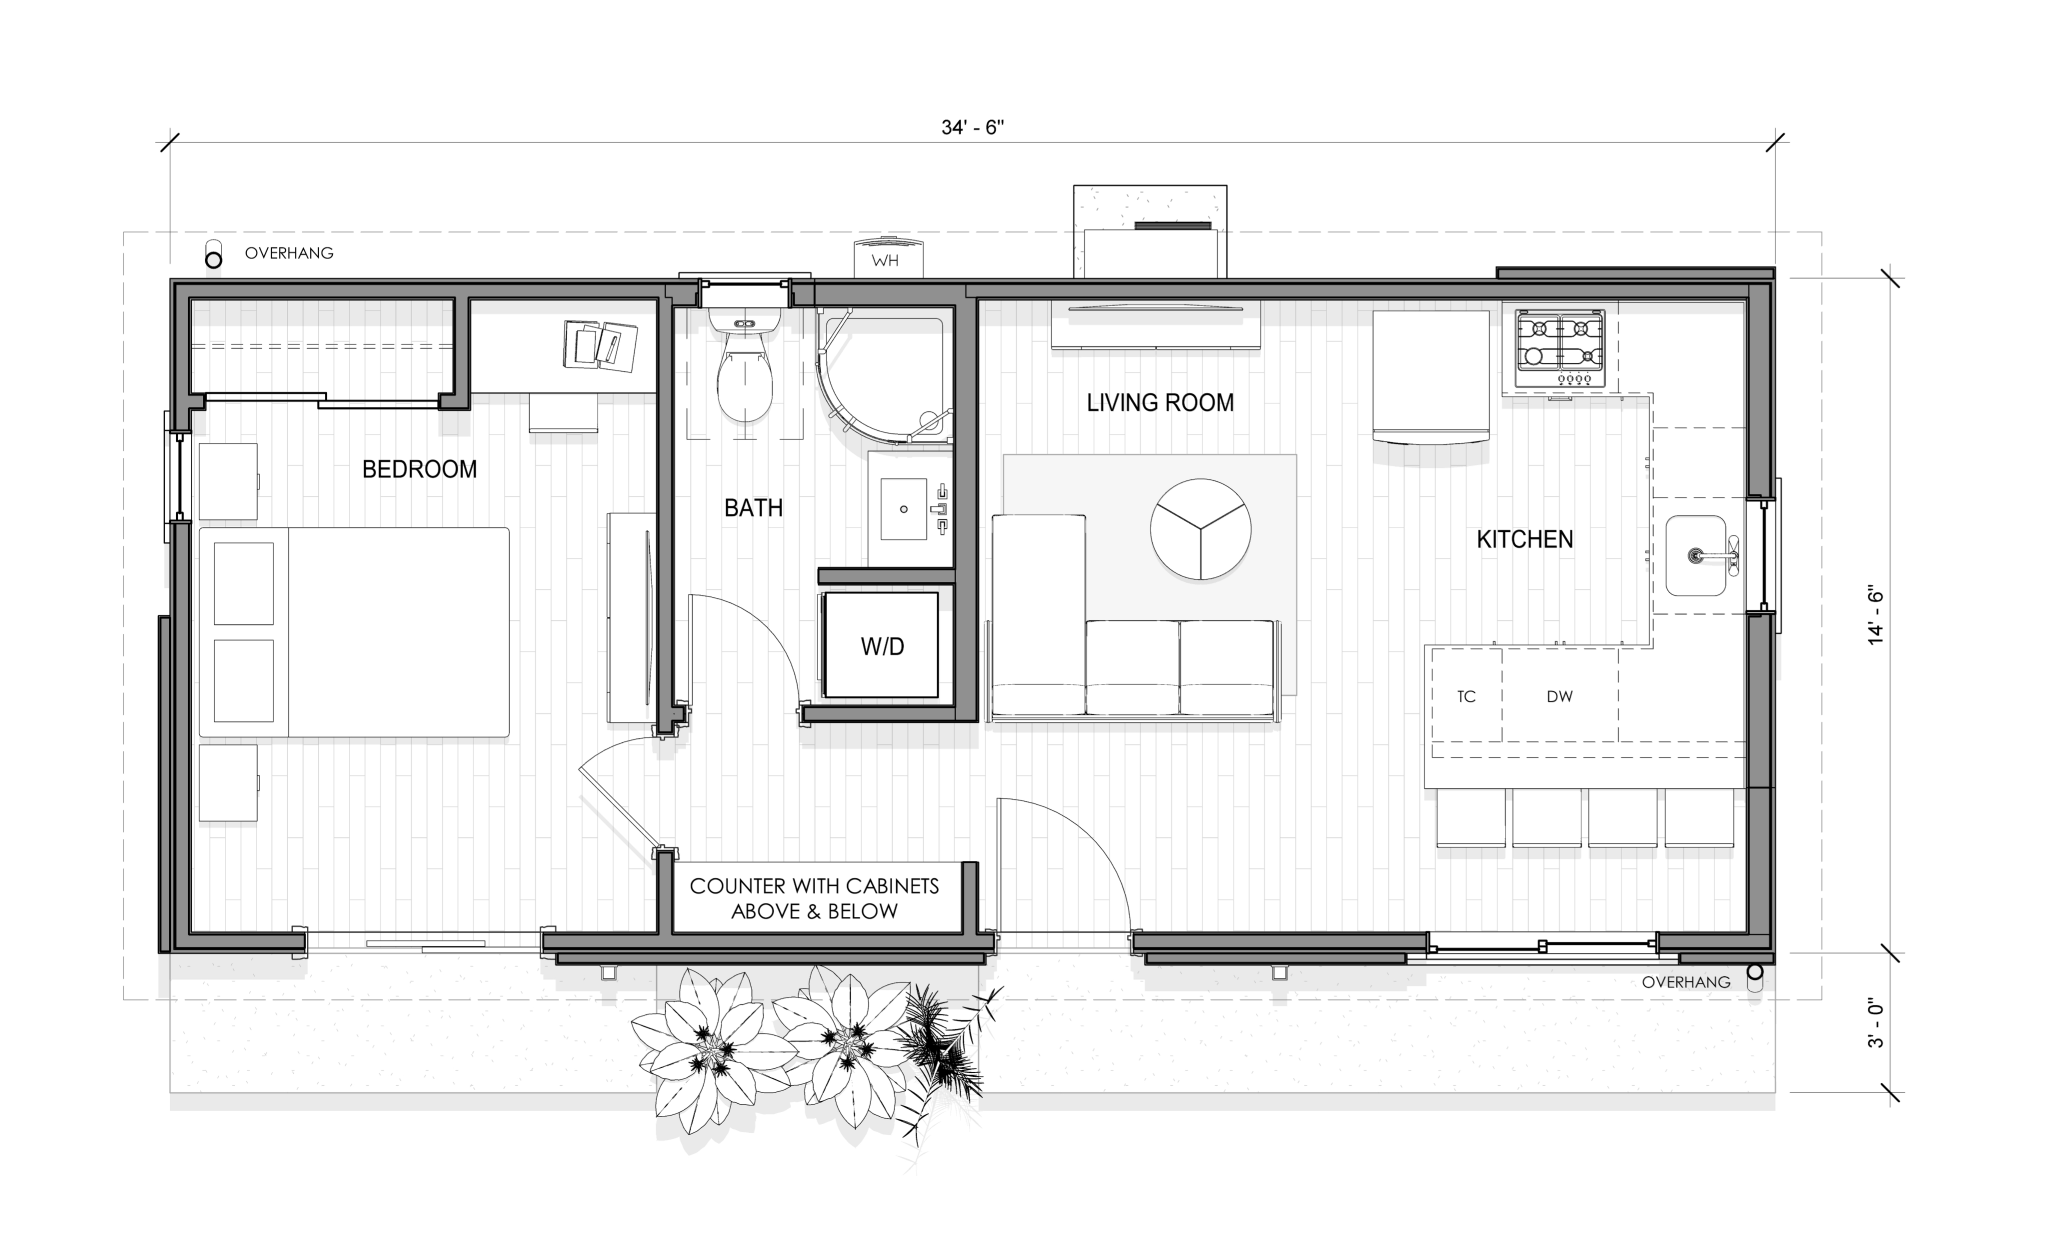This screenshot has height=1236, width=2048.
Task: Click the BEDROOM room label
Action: (419, 469)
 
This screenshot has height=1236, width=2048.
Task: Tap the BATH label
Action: (753, 508)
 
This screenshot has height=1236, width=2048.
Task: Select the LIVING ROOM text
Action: (1160, 403)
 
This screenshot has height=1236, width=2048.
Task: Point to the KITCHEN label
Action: (1525, 540)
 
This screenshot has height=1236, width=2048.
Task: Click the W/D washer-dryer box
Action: (881, 645)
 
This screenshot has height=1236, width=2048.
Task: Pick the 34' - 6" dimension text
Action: (972, 128)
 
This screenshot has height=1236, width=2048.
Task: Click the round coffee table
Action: (1201, 528)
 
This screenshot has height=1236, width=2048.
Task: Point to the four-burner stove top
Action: (1560, 349)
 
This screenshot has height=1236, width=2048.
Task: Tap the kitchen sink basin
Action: (1697, 555)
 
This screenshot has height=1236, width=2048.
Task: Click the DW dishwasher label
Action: (1559, 697)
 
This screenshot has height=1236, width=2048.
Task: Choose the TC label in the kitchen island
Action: (1466, 697)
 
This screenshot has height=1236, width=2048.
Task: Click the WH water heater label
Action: (885, 261)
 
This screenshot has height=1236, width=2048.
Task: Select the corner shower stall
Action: (880, 375)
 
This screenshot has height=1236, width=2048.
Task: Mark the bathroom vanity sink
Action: (905, 509)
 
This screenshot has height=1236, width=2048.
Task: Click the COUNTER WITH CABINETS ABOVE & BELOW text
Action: (815, 898)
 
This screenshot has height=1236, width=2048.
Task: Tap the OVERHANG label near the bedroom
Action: (289, 253)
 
